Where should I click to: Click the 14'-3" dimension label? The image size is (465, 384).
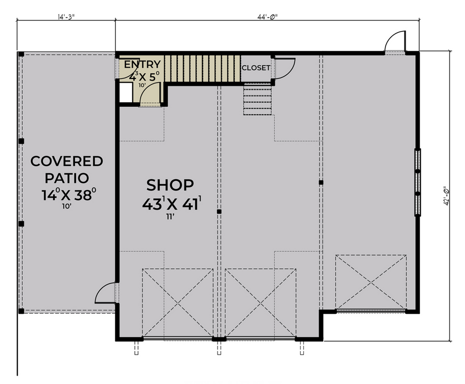tap(66, 17)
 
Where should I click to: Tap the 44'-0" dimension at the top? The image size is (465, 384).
tap(267, 17)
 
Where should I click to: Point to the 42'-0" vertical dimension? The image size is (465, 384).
tap(446, 196)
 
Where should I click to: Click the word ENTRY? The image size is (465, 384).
tap(143, 65)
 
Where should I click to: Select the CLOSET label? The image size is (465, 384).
tap(256, 68)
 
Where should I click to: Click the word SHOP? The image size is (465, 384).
tap(170, 185)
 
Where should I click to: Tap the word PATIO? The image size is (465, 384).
tap(67, 178)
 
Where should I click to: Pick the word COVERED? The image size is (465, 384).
tap(67, 162)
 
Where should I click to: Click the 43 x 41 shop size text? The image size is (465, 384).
tap(172, 203)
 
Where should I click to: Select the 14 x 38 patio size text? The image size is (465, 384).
tap(69, 195)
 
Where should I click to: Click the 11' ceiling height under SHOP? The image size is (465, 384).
tap(170, 217)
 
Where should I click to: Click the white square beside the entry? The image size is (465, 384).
tap(126, 92)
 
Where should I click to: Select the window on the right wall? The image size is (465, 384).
tap(417, 182)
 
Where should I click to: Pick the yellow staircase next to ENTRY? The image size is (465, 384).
tap(203, 69)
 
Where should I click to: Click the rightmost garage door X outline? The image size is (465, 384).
tap(371, 282)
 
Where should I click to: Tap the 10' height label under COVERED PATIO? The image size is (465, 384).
tap(67, 206)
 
